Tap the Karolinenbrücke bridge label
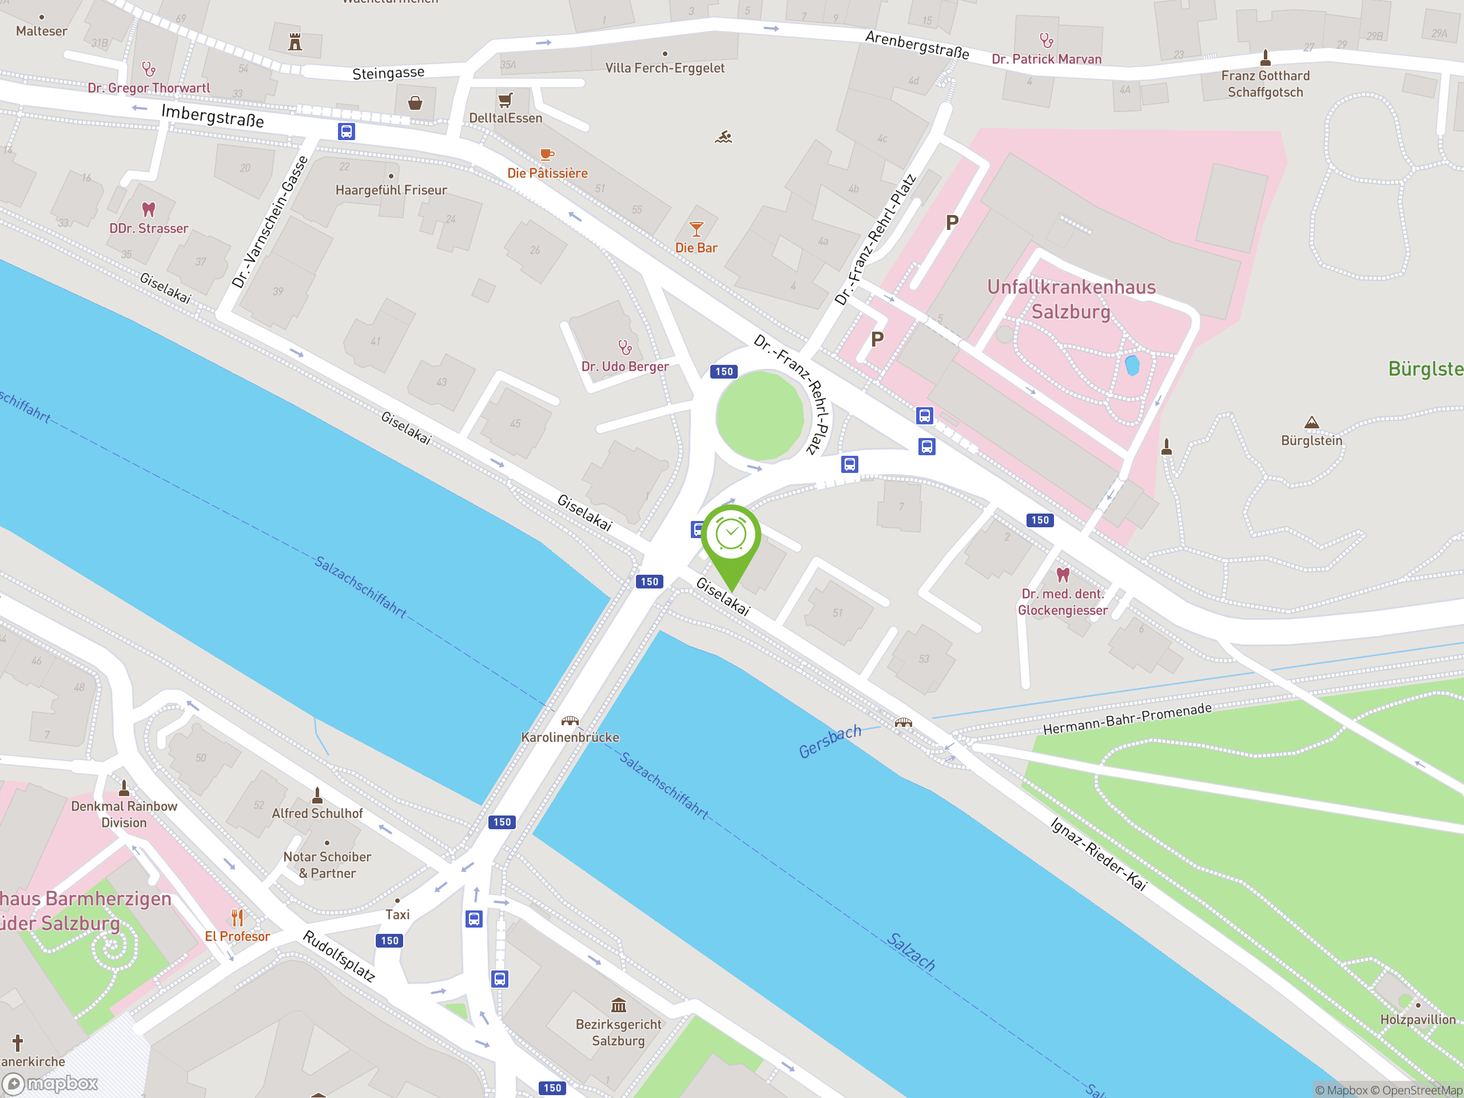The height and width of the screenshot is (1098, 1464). pos(570,737)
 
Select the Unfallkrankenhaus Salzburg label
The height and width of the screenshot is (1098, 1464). pos(1071,299)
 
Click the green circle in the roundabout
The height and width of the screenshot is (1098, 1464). pos(760,416)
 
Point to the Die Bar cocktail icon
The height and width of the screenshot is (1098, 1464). pos(695,229)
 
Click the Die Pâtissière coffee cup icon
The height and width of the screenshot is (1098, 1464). pos(547,155)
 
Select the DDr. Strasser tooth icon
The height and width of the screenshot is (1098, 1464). pos(149,210)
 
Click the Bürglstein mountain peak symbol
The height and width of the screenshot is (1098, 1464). pos(1311,422)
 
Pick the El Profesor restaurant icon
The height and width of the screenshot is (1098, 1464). pos(237,917)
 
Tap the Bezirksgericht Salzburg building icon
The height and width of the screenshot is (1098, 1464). pos(618,1005)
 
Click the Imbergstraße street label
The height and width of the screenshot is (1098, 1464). pos(213,116)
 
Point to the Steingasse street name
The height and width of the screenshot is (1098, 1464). pos(388,73)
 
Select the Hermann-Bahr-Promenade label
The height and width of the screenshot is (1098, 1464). pos(1127,719)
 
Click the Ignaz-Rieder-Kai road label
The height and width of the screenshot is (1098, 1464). pos(1098,854)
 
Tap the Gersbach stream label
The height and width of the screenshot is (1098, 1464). pos(829,741)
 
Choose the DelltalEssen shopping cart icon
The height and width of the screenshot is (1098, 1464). pos(505,100)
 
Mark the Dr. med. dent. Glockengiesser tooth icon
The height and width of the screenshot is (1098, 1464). pos(1063,574)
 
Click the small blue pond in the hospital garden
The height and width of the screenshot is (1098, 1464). pos(1132,365)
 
